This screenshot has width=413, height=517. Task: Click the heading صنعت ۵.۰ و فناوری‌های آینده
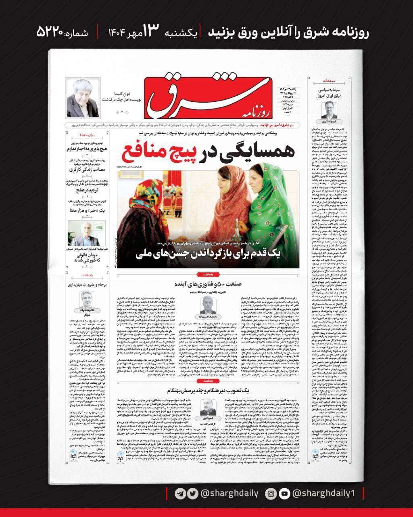click(x=208, y=284)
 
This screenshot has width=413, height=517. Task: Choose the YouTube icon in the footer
click(x=284, y=493)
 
